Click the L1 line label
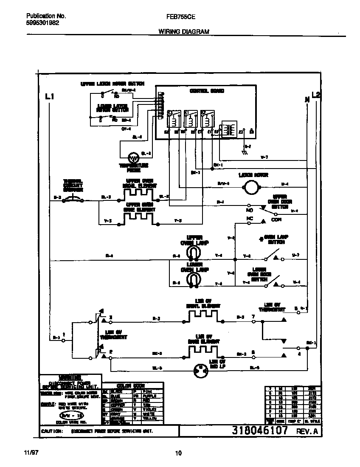coord(50,97)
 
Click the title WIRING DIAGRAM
coord(184,31)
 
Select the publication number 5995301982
coord(39,23)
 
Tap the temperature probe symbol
coord(134,158)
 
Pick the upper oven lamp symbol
coord(194,253)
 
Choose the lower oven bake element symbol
coord(202,351)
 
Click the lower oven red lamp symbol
coord(200,369)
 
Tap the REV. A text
coord(306,431)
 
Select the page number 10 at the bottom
coord(179,453)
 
